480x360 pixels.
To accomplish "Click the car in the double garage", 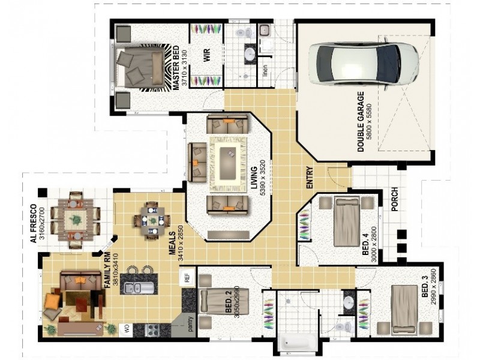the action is (364, 64).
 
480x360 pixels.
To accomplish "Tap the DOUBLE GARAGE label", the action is (361, 122).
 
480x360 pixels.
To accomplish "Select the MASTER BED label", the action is (176, 68).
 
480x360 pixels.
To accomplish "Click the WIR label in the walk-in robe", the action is (207, 55).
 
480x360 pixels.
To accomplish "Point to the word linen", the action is (265, 70).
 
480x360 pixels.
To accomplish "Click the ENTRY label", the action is (310, 177).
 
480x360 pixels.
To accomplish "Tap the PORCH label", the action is (395, 199).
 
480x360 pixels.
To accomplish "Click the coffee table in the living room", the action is (228, 164).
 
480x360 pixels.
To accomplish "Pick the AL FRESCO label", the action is (34, 224).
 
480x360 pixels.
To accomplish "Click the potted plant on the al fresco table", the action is (76, 220).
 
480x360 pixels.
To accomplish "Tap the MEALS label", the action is (173, 244).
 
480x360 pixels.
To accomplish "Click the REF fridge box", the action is (187, 277).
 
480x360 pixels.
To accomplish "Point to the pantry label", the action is (190, 324).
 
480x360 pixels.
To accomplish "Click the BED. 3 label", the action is (425, 287).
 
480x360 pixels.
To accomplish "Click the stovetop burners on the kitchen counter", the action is (152, 331).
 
